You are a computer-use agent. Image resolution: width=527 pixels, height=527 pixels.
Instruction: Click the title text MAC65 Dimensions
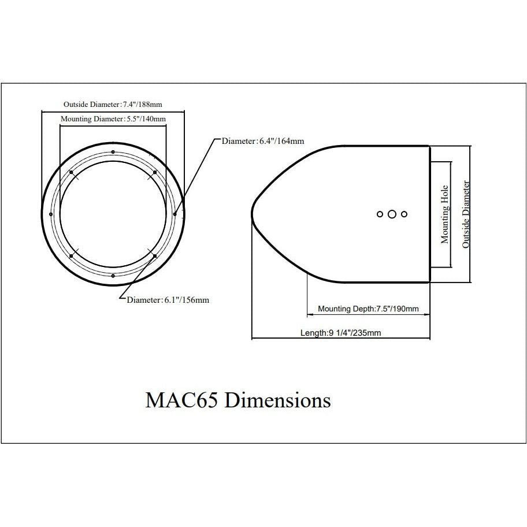(x=238, y=400)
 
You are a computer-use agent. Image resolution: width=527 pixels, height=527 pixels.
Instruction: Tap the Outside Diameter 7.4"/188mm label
(x=113, y=104)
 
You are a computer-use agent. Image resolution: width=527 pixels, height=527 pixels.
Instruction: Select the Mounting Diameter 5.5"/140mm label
(x=113, y=118)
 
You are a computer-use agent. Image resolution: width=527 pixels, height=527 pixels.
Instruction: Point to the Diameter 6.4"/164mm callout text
(x=263, y=141)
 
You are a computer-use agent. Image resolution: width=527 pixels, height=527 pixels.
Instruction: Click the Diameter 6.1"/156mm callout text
(x=168, y=300)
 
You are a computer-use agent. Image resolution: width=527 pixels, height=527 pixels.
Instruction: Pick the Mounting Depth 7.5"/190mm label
(x=368, y=309)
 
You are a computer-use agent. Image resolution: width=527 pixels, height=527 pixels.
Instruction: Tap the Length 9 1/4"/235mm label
(x=341, y=333)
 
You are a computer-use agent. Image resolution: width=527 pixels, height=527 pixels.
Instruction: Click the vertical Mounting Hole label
(x=444, y=214)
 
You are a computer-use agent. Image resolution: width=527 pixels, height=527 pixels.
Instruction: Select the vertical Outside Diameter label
(x=466, y=214)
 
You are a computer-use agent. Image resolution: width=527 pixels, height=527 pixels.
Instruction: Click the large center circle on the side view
(x=392, y=214)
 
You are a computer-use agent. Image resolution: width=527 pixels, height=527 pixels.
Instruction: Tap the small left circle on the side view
(x=380, y=214)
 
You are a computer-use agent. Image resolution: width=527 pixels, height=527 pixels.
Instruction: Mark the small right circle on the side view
(x=404, y=214)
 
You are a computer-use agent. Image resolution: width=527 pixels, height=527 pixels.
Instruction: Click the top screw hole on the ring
(x=113, y=152)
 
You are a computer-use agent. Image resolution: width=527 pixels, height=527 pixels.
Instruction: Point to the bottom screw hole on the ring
(x=113, y=276)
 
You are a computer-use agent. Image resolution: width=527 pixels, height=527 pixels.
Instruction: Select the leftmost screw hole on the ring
(x=51, y=214)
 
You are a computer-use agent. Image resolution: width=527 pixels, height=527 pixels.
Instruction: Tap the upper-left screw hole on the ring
(x=71, y=172)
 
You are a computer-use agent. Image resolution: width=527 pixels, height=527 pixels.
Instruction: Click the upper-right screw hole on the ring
(x=155, y=172)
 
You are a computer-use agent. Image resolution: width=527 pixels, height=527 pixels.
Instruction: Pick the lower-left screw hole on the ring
(x=71, y=256)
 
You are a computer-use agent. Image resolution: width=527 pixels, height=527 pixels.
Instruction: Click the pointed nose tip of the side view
(x=252, y=214)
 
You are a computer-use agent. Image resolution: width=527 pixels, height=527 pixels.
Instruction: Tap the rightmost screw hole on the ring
(x=175, y=214)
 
